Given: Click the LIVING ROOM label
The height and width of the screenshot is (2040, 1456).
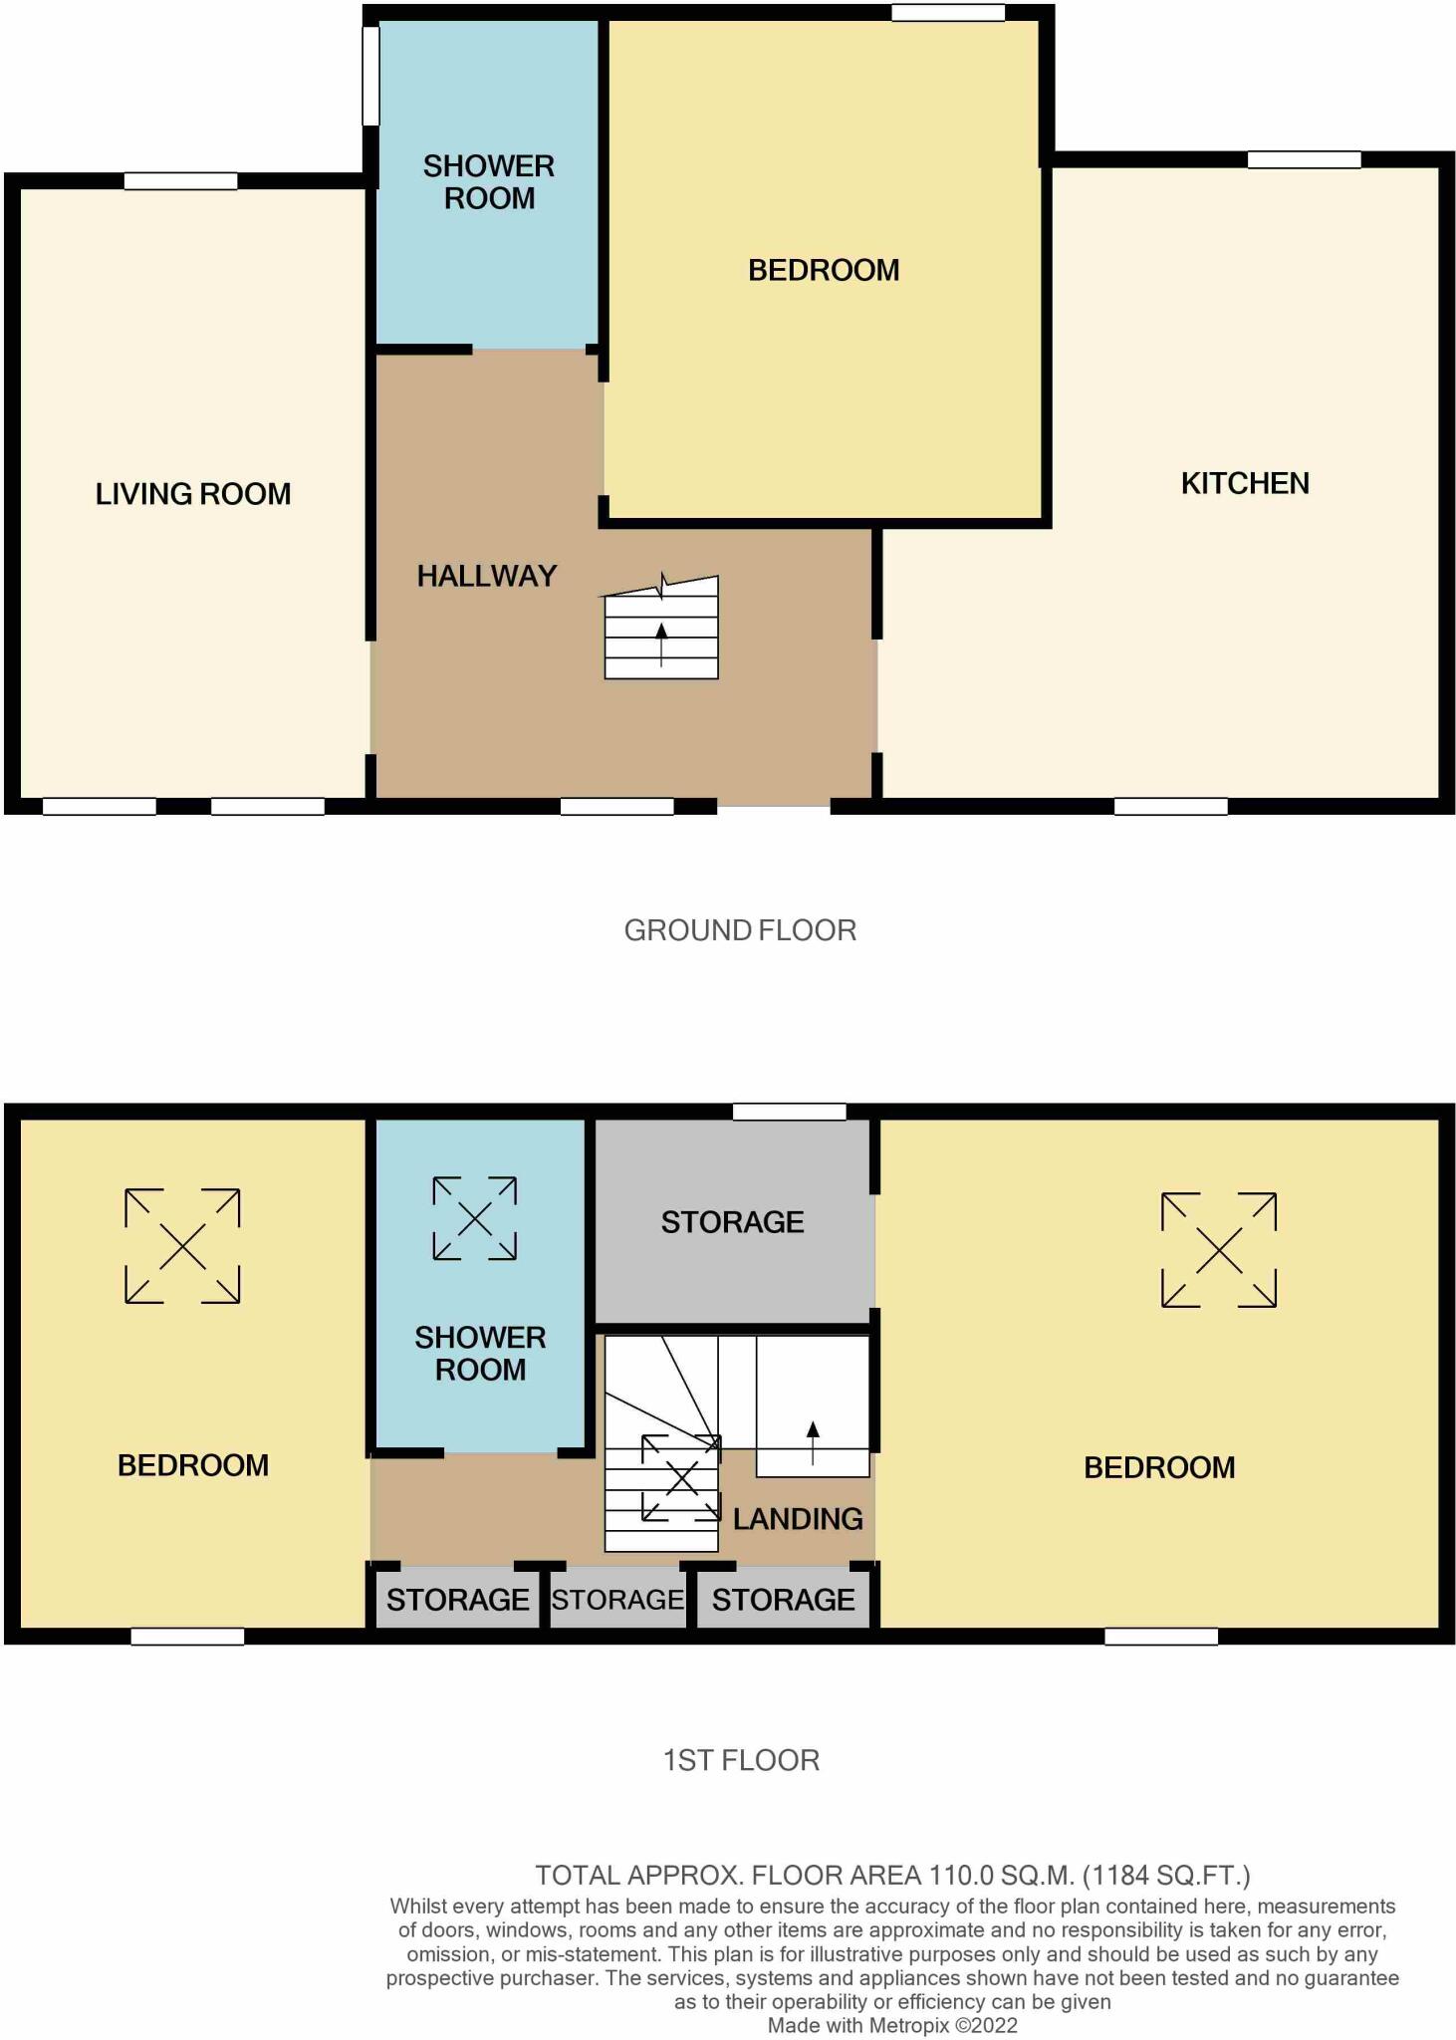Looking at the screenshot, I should click(x=193, y=494).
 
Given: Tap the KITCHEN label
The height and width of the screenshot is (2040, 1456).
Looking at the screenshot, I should click(x=1244, y=484).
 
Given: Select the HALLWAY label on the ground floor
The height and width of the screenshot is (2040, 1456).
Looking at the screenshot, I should click(x=486, y=576).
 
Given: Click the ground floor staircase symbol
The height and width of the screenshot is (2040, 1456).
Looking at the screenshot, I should click(x=661, y=630).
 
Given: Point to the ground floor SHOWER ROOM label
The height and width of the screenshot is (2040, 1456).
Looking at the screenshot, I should click(x=488, y=182).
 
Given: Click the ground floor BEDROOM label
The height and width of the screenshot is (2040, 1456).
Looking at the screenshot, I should click(x=824, y=270).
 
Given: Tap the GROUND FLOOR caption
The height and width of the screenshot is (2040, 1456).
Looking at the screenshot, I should click(x=740, y=930).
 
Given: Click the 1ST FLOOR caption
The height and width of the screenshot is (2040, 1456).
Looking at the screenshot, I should click(x=741, y=1760).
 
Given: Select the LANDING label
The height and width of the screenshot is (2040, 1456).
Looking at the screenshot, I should click(x=798, y=1519).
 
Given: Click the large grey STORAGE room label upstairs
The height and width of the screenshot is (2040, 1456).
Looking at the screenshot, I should click(x=732, y=1222).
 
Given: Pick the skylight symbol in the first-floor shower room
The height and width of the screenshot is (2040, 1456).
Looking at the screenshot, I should click(x=474, y=1218).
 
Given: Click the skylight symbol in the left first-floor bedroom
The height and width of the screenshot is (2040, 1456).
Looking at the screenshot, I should click(x=182, y=1245).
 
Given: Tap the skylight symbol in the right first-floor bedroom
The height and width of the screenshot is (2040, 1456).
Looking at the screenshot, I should click(x=1219, y=1249).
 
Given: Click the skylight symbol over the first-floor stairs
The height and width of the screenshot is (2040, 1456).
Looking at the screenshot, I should click(x=681, y=1478).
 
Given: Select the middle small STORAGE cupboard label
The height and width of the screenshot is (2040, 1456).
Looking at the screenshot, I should click(x=617, y=1600).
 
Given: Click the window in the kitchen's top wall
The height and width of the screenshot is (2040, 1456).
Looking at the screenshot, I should click(x=1304, y=159).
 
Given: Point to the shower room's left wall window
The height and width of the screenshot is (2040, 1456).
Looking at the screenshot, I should click(x=370, y=76).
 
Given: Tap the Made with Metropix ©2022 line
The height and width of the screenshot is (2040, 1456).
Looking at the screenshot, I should click(x=892, y=2025).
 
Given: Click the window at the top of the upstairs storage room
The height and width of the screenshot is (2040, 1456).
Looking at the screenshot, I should click(x=789, y=1112).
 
